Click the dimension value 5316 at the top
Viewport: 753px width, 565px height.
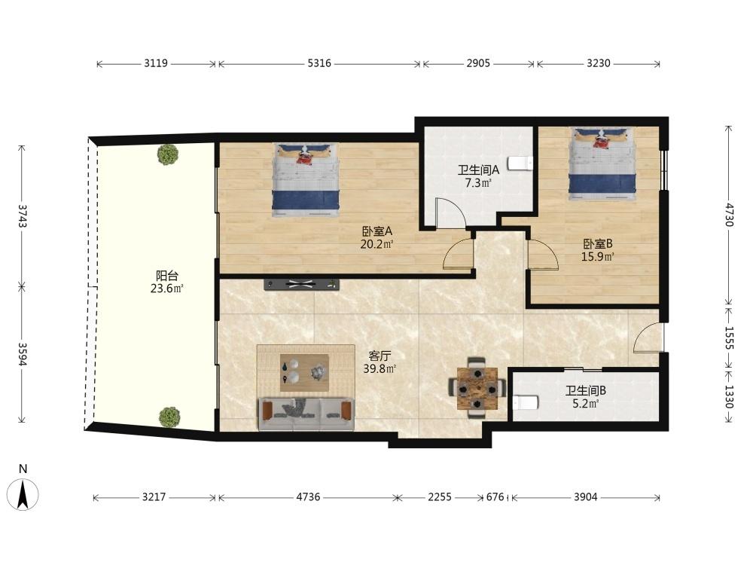[x=319, y=63]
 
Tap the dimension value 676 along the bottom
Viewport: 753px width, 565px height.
[x=495, y=496]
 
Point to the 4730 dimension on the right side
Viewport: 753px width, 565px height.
[x=730, y=215]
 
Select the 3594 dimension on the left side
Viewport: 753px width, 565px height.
[x=22, y=353]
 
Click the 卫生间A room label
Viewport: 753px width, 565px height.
[x=478, y=169]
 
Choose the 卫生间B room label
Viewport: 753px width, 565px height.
[x=585, y=390]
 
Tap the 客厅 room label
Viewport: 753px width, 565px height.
[x=380, y=356]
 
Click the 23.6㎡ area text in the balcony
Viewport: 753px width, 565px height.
[x=166, y=289]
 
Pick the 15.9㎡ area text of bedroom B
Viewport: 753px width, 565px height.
[x=597, y=257]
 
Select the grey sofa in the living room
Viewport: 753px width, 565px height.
[x=306, y=414]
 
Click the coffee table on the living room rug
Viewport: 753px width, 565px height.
[x=304, y=373]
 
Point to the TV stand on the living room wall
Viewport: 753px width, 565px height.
[x=302, y=285]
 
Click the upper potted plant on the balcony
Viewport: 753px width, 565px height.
[x=168, y=154]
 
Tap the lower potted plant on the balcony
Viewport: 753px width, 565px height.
[x=169, y=417]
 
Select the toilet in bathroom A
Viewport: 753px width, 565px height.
[x=520, y=163]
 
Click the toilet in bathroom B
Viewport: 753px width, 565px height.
[x=524, y=402]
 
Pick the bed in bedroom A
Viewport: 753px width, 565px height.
[x=306, y=180]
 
